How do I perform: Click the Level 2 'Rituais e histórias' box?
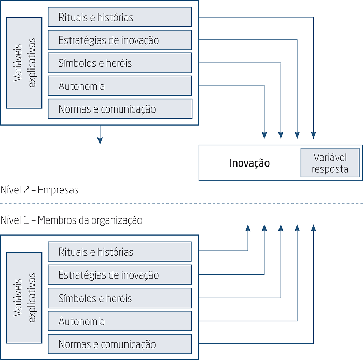pyautogui.click(x=120, y=17)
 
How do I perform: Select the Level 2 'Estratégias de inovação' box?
pyautogui.click(x=120, y=40)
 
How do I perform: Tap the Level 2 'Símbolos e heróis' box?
pyautogui.click(x=120, y=63)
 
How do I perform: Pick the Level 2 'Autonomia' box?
pyautogui.click(x=120, y=86)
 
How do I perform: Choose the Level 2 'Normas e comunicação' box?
pyautogui.click(x=120, y=109)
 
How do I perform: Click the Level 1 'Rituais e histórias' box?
pyautogui.click(x=120, y=252)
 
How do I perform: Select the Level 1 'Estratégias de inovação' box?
pyautogui.click(x=120, y=275)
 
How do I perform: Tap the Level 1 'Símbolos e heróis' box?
pyautogui.click(x=120, y=298)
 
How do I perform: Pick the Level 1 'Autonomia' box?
pyautogui.click(x=120, y=321)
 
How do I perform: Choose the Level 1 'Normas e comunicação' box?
pyautogui.click(x=120, y=344)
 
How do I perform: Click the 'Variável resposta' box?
pyautogui.click(x=330, y=163)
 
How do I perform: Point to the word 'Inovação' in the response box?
pyautogui.click(x=249, y=163)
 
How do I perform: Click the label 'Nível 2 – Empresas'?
pyautogui.click(x=40, y=190)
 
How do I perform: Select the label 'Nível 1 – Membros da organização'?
pyautogui.click(x=72, y=220)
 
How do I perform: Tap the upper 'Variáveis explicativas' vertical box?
pyautogui.click(x=24, y=63)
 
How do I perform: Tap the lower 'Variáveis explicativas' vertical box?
pyautogui.click(x=24, y=298)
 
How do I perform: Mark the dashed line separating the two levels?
pyautogui.click(x=181, y=204)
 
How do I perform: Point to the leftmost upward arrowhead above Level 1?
pyautogui.click(x=248, y=228)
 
